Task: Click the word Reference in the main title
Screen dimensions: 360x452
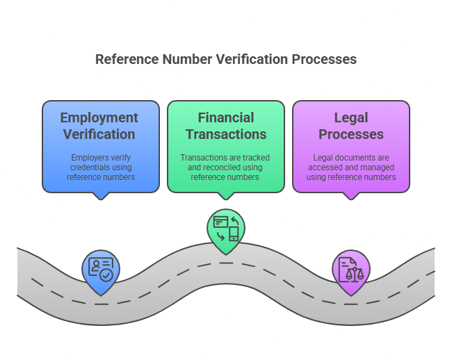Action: click(126, 59)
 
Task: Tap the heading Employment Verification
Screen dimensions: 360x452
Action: click(99, 126)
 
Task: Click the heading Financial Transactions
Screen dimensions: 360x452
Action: click(225, 126)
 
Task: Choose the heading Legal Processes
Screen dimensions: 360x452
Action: click(350, 126)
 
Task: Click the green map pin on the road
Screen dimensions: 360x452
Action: click(226, 228)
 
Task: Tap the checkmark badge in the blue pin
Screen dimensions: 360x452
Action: click(106, 275)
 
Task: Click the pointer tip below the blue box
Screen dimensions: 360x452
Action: click(101, 198)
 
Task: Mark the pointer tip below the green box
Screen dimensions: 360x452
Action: click(226, 198)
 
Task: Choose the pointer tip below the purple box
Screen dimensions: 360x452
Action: click(350, 198)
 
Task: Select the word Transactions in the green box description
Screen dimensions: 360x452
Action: click(204, 158)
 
